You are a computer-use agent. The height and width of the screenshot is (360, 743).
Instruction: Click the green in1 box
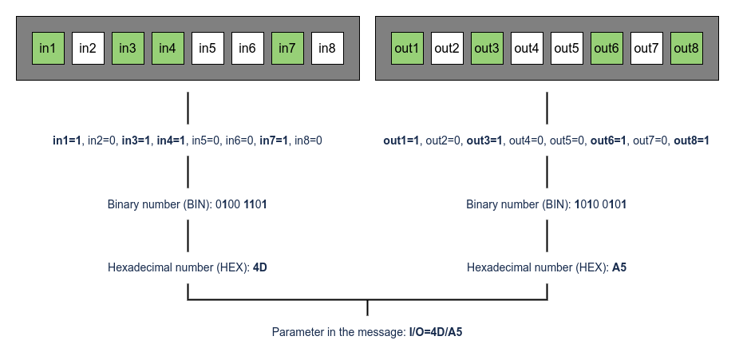[x=48, y=49]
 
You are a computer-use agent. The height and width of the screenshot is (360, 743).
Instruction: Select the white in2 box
[x=88, y=49]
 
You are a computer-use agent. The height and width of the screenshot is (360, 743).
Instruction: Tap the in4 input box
[x=168, y=49]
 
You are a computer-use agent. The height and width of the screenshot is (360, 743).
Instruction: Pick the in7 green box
[x=287, y=49]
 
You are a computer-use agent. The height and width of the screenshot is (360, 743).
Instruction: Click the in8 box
[x=327, y=49]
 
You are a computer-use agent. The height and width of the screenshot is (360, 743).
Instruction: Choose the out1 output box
[x=407, y=49]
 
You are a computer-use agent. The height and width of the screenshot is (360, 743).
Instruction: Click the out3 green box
[x=487, y=49]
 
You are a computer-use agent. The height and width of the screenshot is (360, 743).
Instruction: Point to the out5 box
[x=567, y=49]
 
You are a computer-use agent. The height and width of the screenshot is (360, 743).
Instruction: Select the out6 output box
[x=607, y=49]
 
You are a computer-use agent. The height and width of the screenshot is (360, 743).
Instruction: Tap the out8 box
[x=686, y=49]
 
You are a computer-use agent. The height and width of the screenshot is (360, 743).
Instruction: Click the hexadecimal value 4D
[x=259, y=267]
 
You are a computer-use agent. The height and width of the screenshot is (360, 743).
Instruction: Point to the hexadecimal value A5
[x=619, y=267]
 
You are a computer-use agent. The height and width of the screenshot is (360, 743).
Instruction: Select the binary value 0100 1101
[x=241, y=204]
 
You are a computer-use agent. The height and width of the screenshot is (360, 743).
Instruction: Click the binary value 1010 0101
[x=600, y=204]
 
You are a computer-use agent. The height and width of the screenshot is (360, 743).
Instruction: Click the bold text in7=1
[x=274, y=140]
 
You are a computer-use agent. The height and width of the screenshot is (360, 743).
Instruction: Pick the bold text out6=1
[x=607, y=140]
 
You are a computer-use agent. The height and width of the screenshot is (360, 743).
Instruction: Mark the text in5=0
[x=207, y=140]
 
